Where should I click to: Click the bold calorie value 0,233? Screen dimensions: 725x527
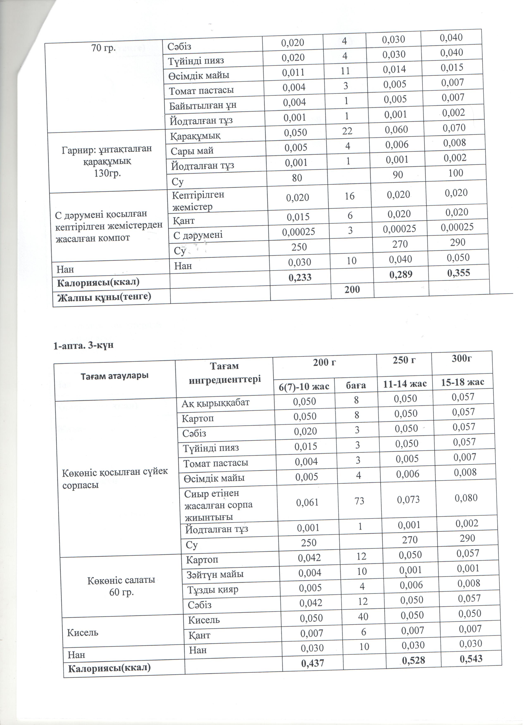click(300, 278)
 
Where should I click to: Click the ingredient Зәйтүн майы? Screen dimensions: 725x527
click(215, 574)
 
